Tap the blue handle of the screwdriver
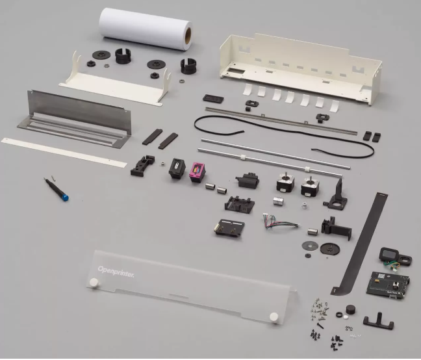click(65, 198)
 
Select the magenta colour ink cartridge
click(198, 172)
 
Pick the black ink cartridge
click(177, 168)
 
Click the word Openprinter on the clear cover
click(116, 272)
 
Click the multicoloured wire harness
click(280, 222)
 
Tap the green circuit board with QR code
click(388, 285)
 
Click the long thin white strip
click(64, 152)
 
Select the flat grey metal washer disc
click(310, 246)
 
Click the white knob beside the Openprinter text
click(94, 283)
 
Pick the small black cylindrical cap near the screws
click(351, 309)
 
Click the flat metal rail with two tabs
click(281, 120)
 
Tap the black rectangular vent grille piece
click(213, 99)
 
